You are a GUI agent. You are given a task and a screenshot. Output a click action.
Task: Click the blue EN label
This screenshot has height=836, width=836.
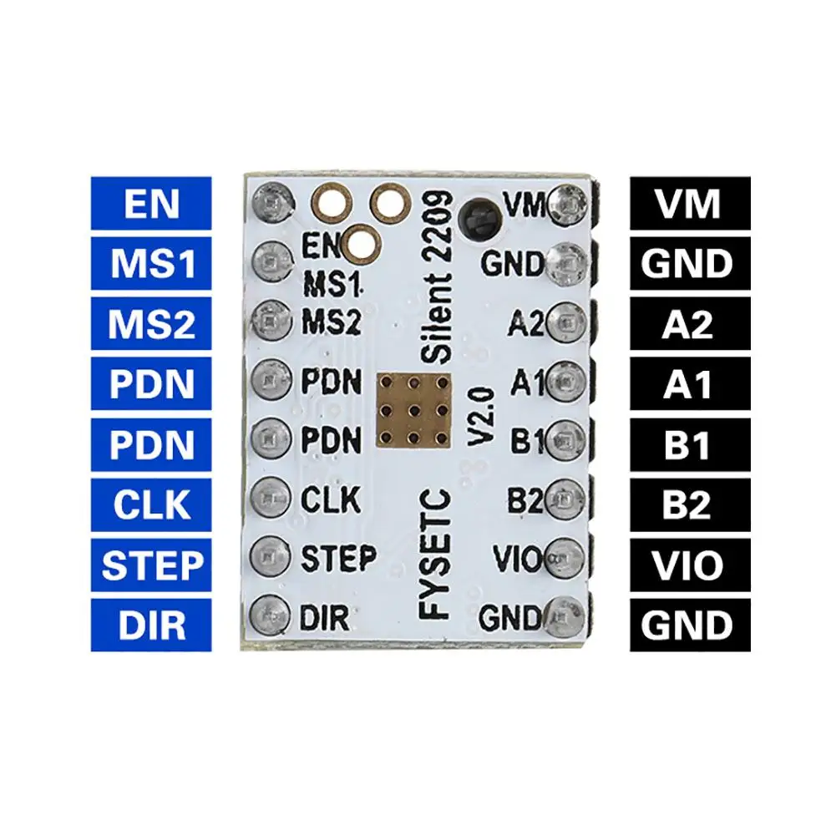pyautogui.click(x=151, y=204)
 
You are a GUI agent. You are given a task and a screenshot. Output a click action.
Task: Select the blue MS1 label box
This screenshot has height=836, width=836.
pyautogui.click(x=151, y=264)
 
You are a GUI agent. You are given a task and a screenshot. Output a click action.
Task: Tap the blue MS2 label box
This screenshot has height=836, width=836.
pyautogui.click(x=151, y=324)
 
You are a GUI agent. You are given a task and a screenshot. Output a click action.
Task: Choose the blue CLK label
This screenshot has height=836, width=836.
pyautogui.click(x=151, y=504)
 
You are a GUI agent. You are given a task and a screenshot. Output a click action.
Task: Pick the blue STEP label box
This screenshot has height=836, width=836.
pyautogui.click(x=151, y=565)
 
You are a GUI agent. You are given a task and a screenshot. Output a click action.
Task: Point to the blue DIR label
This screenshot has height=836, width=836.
pyautogui.click(x=151, y=625)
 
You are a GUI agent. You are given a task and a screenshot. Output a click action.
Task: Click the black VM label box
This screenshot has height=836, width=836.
pyautogui.click(x=689, y=204)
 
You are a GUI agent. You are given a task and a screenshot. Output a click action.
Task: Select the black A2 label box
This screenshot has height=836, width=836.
pyautogui.click(x=689, y=324)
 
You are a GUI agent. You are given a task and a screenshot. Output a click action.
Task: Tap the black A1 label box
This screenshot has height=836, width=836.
pyautogui.click(x=689, y=384)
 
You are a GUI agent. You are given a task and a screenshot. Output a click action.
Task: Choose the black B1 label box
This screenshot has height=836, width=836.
pyautogui.click(x=689, y=444)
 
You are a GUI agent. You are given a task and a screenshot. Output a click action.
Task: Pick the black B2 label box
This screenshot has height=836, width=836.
pyautogui.click(x=689, y=504)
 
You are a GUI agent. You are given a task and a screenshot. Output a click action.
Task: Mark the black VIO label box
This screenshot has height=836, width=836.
pyautogui.click(x=689, y=565)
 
